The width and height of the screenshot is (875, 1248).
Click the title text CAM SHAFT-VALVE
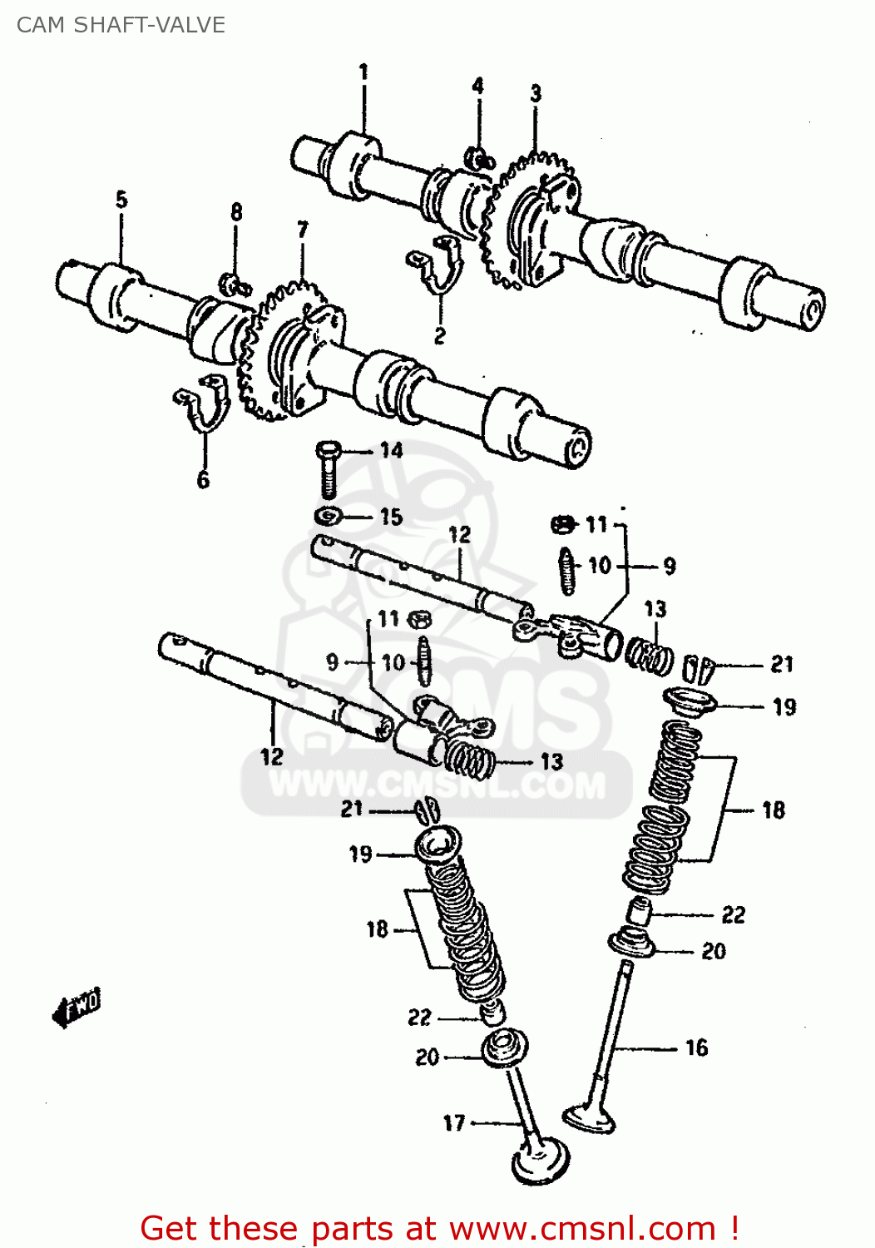121,25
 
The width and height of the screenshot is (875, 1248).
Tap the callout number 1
363,72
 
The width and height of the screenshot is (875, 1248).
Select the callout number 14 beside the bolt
391,450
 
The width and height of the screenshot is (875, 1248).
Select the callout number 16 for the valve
696,1047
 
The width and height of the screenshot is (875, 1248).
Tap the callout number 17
454,1122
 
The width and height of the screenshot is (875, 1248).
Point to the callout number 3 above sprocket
536,93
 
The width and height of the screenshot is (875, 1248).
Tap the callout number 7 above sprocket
303,230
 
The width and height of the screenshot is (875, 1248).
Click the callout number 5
121,200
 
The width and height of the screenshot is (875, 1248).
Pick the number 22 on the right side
733,915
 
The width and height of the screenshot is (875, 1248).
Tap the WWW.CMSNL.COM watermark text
437,785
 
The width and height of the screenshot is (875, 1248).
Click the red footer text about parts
439,1228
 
